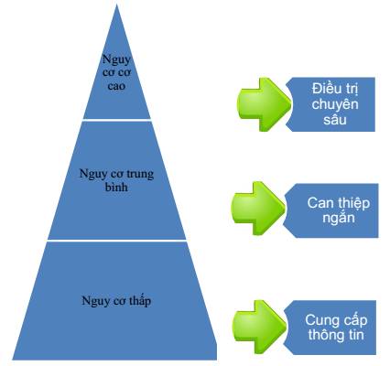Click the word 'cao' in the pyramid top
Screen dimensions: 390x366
click(116, 86)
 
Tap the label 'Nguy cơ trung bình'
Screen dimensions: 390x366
click(116, 180)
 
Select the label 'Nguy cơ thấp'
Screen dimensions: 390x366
click(116, 301)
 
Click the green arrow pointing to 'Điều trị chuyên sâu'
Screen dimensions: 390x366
click(265, 104)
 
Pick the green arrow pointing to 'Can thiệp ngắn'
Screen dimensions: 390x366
click(258, 209)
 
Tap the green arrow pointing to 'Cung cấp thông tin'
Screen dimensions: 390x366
click(260, 327)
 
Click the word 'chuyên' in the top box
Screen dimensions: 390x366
click(335, 104)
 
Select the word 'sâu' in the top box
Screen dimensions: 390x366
click(335, 120)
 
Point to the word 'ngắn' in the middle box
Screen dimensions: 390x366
click(339, 219)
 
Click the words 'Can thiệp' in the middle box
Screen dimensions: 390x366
click(339, 203)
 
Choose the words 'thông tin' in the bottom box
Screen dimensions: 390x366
click(336, 335)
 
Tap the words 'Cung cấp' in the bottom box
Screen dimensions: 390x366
click(336, 320)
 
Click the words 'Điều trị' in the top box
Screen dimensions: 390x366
click(335, 89)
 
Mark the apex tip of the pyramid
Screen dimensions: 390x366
click(116, 4)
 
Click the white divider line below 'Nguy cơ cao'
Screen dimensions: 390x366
click(117, 120)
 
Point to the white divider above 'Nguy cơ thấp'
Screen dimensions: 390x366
click(117, 241)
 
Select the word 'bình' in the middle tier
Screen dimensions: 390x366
click(116, 187)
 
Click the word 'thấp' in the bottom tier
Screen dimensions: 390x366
click(140, 301)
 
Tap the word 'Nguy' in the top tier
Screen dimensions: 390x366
click(116, 59)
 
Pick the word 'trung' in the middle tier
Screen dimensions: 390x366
click(139, 175)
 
